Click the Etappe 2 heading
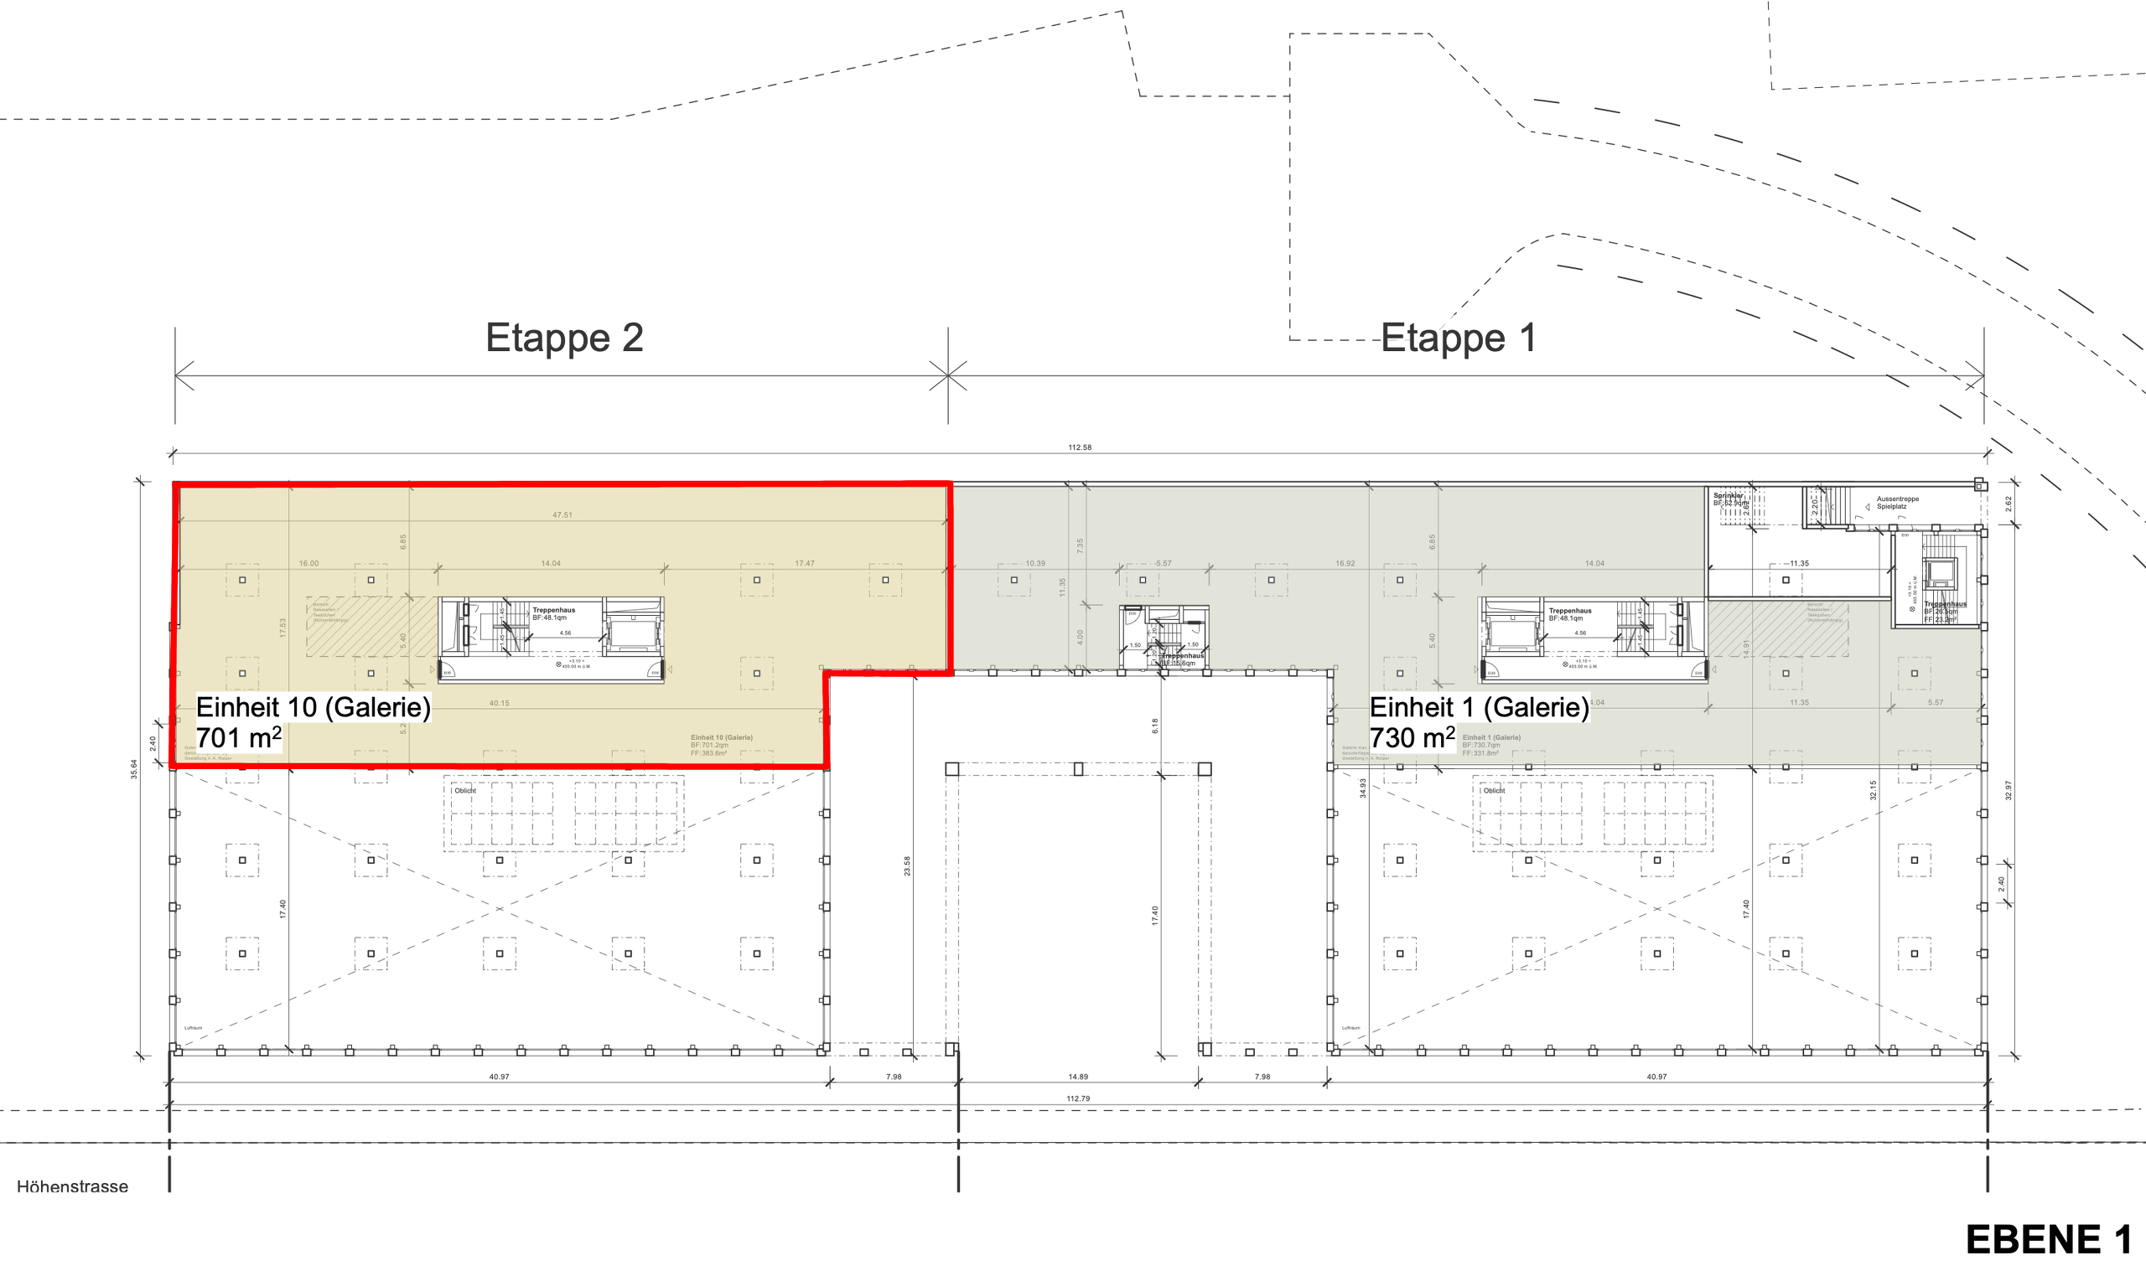(x=563, y=338)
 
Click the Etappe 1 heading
(x=1458, y=338)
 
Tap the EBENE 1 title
(x=2047, y=1239)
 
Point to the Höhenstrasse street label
(x=73, y=1186)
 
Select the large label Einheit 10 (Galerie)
(x=313, y=707)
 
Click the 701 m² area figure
(x=238, y=737)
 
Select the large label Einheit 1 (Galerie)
(x=1479, y=707)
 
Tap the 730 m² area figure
(x=1412, y=737)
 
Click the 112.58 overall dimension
(x=1080, y=447)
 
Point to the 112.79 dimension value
(x=1078, y=1098)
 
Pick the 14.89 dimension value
(x=1078, y=1077)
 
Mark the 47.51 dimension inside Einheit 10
(x=562, y=514)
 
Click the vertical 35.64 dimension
(x=133, y=768)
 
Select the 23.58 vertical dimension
(x=907, y=865)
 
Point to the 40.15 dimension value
(x=499, y=703)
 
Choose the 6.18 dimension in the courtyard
(x=1155, y=726)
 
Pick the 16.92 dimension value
(x=1345, y=564)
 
